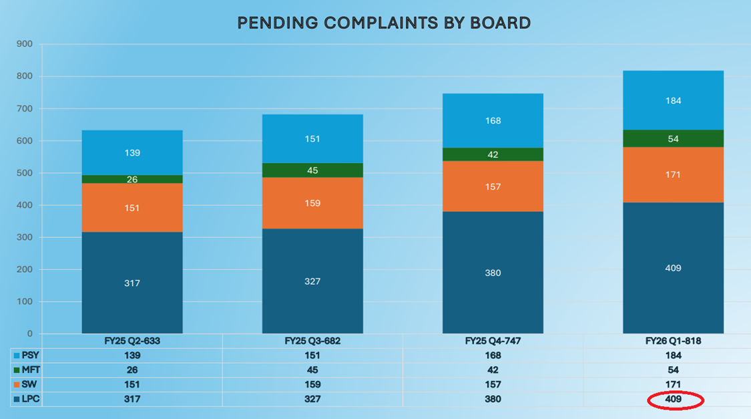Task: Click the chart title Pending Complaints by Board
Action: [x=384, y=23]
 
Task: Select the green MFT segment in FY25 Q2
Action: [x=132, y=179]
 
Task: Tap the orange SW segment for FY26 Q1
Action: [x=673, y=174]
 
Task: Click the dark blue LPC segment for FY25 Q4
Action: [x=493, y=273]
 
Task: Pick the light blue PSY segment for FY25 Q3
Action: [x=312, y=139]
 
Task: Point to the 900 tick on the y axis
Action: [x=25, y=45]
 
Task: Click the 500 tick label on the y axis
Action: [x=25, y=173]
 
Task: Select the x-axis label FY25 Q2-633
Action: [x=132, y=341]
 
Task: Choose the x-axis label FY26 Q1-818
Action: [x=673, y=341]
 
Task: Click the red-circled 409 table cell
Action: [x=674, y=400]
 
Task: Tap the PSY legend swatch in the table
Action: [x=17, y=356]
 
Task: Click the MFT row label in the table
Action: [x=31, y=370]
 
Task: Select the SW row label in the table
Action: [x=29, y=385]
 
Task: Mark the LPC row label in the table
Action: [x=30, y=400]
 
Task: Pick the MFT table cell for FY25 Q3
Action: [x=312, y=370]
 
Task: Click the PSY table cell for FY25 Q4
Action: [x=493, y=356]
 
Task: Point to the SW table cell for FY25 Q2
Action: [x=132, y=385]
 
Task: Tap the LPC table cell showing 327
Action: [x=312, y=400]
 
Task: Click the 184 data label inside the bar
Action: [x=673, y=101]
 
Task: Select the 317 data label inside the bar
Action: [x=132, y=283]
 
